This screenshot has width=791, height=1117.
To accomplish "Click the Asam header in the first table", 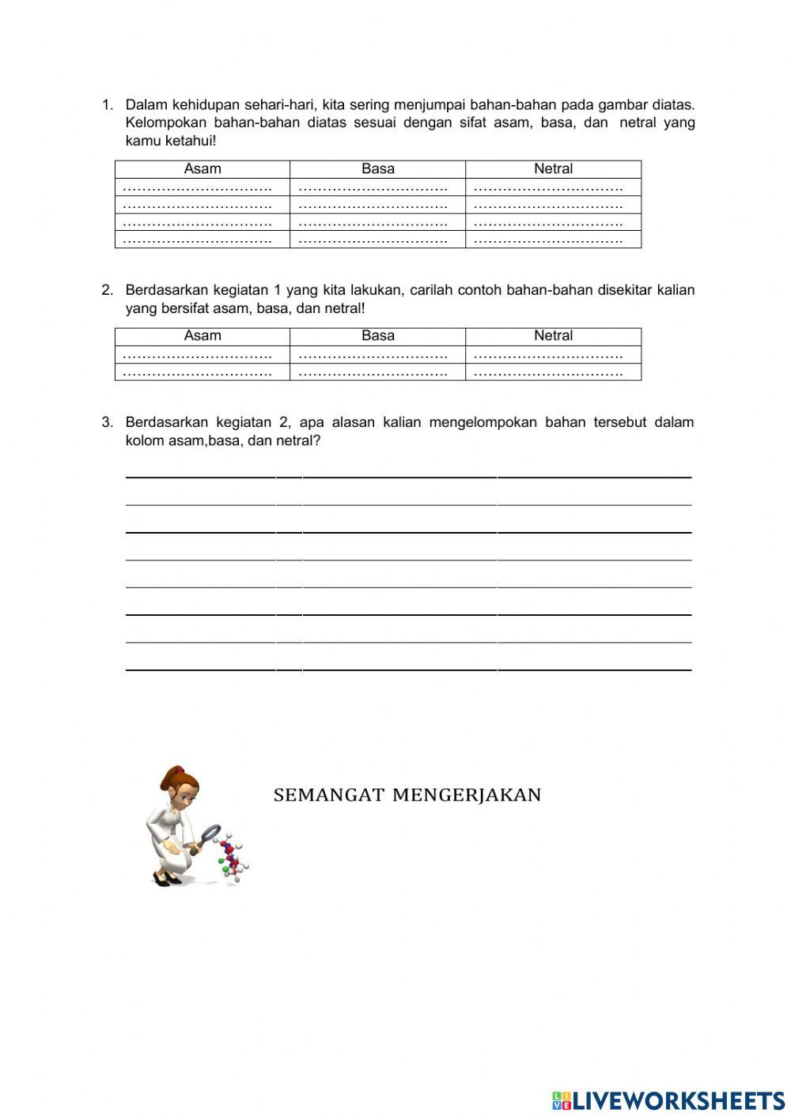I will coord(202,168).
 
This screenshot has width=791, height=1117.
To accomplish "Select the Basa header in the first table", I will coord(377,168).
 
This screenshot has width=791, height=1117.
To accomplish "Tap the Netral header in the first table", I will coord(553,168).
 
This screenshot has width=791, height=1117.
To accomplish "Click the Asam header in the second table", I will coord(202,335).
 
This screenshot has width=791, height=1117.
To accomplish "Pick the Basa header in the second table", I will coord(377,335).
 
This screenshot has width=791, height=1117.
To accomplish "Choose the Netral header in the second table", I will coord(553,335).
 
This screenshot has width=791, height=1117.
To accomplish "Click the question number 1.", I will coord(107,104).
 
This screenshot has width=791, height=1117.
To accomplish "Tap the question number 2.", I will coord(107,290).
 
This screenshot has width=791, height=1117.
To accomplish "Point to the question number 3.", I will coord(107,422).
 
